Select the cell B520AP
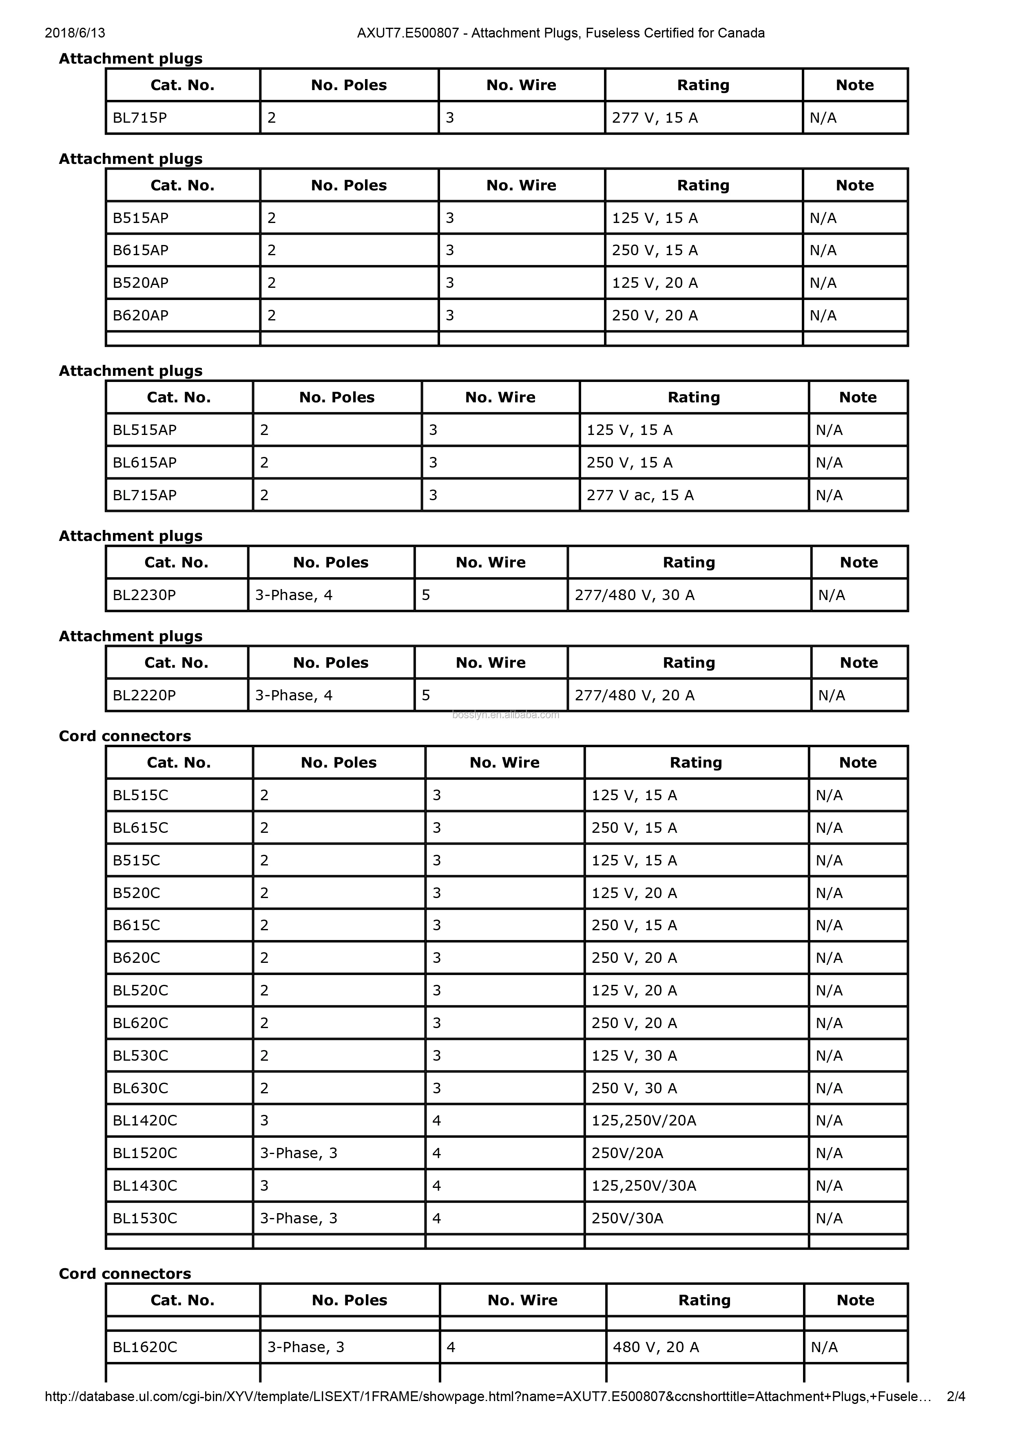pyautogui.click(x=140, y=283)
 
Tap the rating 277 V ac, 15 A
pyautogui.click(x=640, y=495)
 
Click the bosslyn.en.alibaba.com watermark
pyautogui.click(x=505, y=715)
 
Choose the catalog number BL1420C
pyautogui.click(x=144, y=1121)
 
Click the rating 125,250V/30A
pyautogui.click(x=644, y=1185)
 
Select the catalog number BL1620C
pyautogui.click(x=144, y=1347)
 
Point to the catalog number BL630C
pyautogui.click(x=140, y=1088)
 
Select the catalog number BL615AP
pyautogui.click(x=144, y=463)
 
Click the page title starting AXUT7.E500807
pyautogui.click(x=561, y=33)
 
